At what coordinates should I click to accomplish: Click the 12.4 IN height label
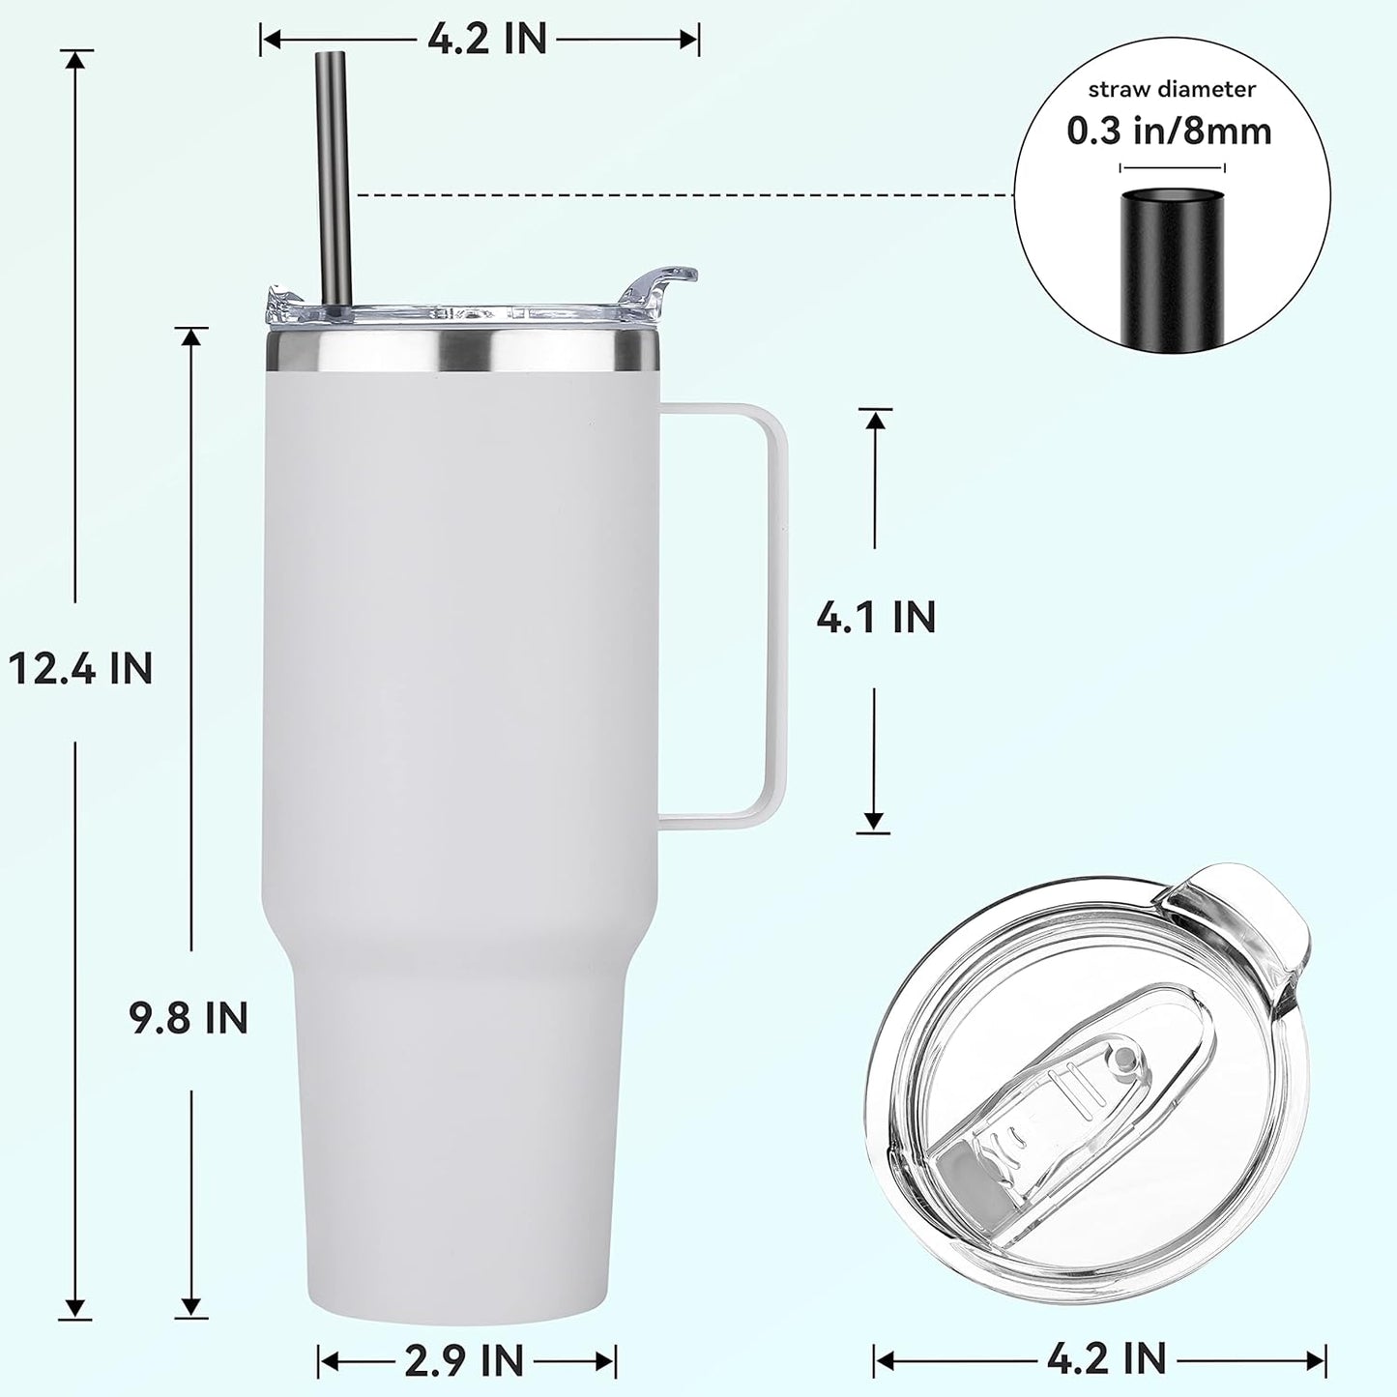(80, 668)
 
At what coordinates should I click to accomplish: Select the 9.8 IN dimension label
(189, 1019)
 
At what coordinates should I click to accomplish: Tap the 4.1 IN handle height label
(876, 618)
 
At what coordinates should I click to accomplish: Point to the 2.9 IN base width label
(465, 1360)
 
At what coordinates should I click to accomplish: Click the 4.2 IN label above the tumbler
(486, 40)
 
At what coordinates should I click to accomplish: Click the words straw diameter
(1172, 90)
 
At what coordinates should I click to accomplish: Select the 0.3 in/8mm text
(1169, 131)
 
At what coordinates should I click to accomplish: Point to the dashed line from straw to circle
(677, 194)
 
